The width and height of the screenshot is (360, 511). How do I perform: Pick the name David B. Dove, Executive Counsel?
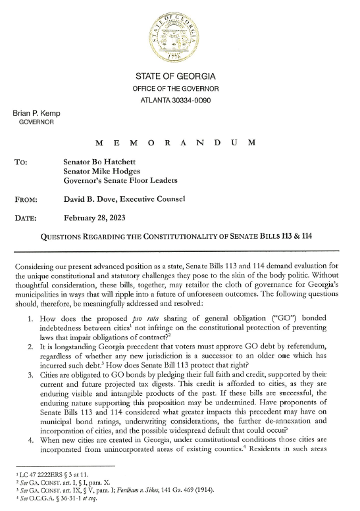[x=124, y=199]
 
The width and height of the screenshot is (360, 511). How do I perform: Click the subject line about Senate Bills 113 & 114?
[x=176, y=235]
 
